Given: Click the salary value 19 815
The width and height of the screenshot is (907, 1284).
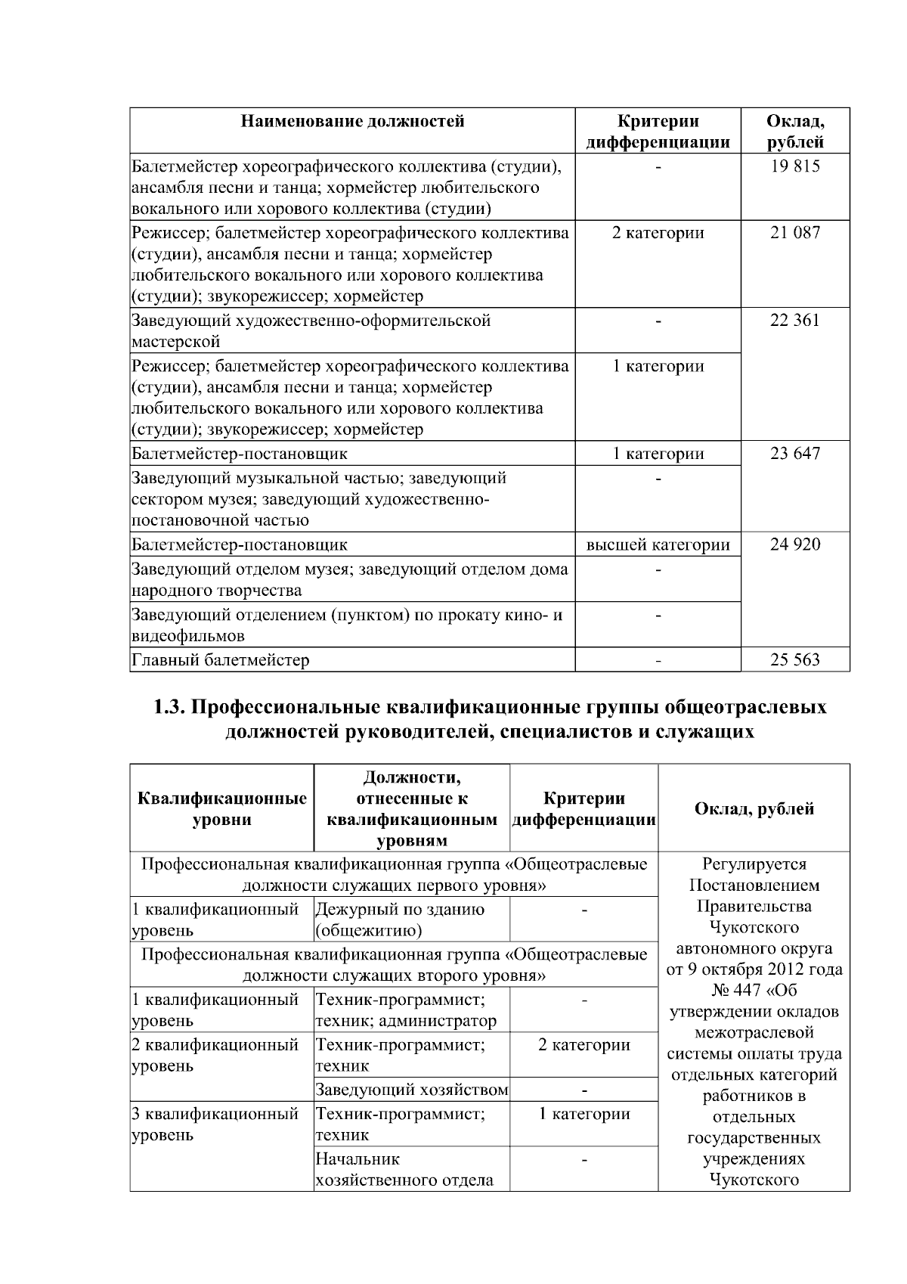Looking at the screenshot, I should pos(794,166).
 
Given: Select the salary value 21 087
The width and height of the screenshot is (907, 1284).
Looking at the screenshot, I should pos(794,233).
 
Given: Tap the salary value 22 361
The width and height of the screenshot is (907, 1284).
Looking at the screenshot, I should pos(794,321).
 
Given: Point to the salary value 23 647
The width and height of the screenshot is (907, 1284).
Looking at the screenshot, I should pos(794,454).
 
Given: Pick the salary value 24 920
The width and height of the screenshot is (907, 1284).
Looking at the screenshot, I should pos(794,544).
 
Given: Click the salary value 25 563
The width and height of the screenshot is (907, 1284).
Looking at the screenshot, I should pos(794,660).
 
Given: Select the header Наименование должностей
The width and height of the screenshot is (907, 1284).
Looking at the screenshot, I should pos(352,121).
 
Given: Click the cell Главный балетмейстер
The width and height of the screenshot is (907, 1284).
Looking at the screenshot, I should pos(221,660).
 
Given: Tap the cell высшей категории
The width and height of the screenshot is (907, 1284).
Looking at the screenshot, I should pos(658,544).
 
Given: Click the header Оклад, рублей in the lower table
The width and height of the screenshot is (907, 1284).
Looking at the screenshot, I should pos(754,808).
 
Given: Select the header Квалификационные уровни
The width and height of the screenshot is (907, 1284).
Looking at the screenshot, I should pos(222,808).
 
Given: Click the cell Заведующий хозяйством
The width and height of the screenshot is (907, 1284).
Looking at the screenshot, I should pos(411,1090).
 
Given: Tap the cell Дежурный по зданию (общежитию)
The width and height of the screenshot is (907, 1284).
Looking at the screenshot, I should pos(400,920).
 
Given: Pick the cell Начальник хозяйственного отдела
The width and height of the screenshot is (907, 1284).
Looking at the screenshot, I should pos(404,1169).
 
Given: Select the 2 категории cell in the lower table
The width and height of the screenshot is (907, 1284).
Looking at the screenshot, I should pos(584,1045).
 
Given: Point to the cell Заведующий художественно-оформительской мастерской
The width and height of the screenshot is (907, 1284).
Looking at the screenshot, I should pos(311,330).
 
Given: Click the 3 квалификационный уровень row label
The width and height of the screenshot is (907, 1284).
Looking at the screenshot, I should pos(215,1124).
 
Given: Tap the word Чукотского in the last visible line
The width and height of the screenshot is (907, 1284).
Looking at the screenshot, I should pos(754,1180).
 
